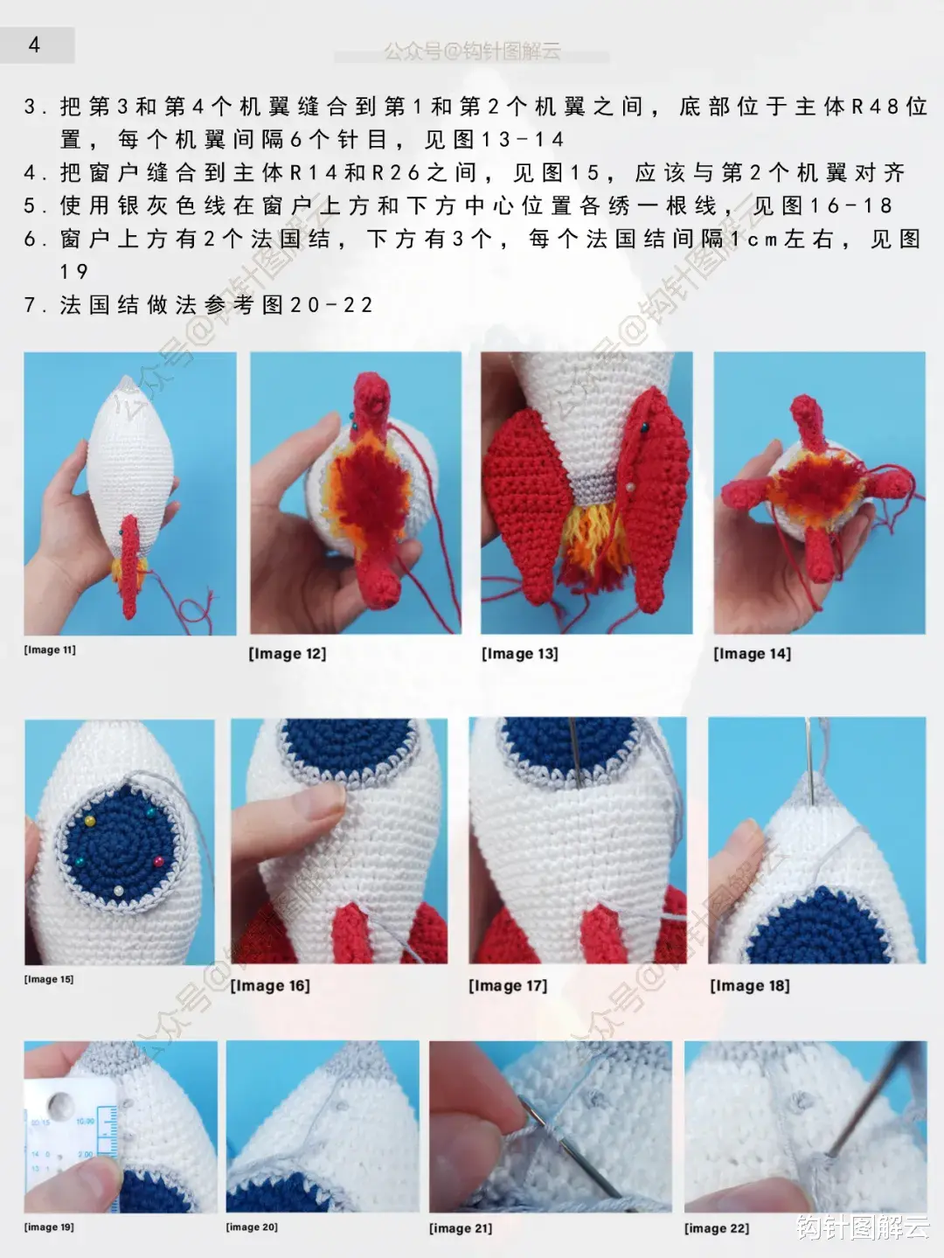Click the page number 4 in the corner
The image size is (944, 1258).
[x=34, y=45]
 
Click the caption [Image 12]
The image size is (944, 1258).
[x=287, y=653]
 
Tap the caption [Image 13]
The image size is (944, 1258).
[x=519, y=653]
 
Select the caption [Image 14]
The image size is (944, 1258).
[x=752, y=653]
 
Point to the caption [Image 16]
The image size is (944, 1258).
[x=269, y=985]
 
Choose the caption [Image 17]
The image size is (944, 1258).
[x=508, y=985]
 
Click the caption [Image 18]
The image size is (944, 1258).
[x=749, y=985]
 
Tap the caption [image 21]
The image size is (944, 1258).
[x=460, y=1228]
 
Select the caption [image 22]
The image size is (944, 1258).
[x=716, y=1228]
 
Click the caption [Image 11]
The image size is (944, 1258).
[x=50, y=650]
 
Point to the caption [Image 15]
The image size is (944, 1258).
[x=49, y=979]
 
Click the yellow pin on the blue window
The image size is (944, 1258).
[x=90, y=821]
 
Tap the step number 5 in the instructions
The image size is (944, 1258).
[x=31, y=206]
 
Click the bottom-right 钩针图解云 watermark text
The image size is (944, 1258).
[x=862, y=1227]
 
